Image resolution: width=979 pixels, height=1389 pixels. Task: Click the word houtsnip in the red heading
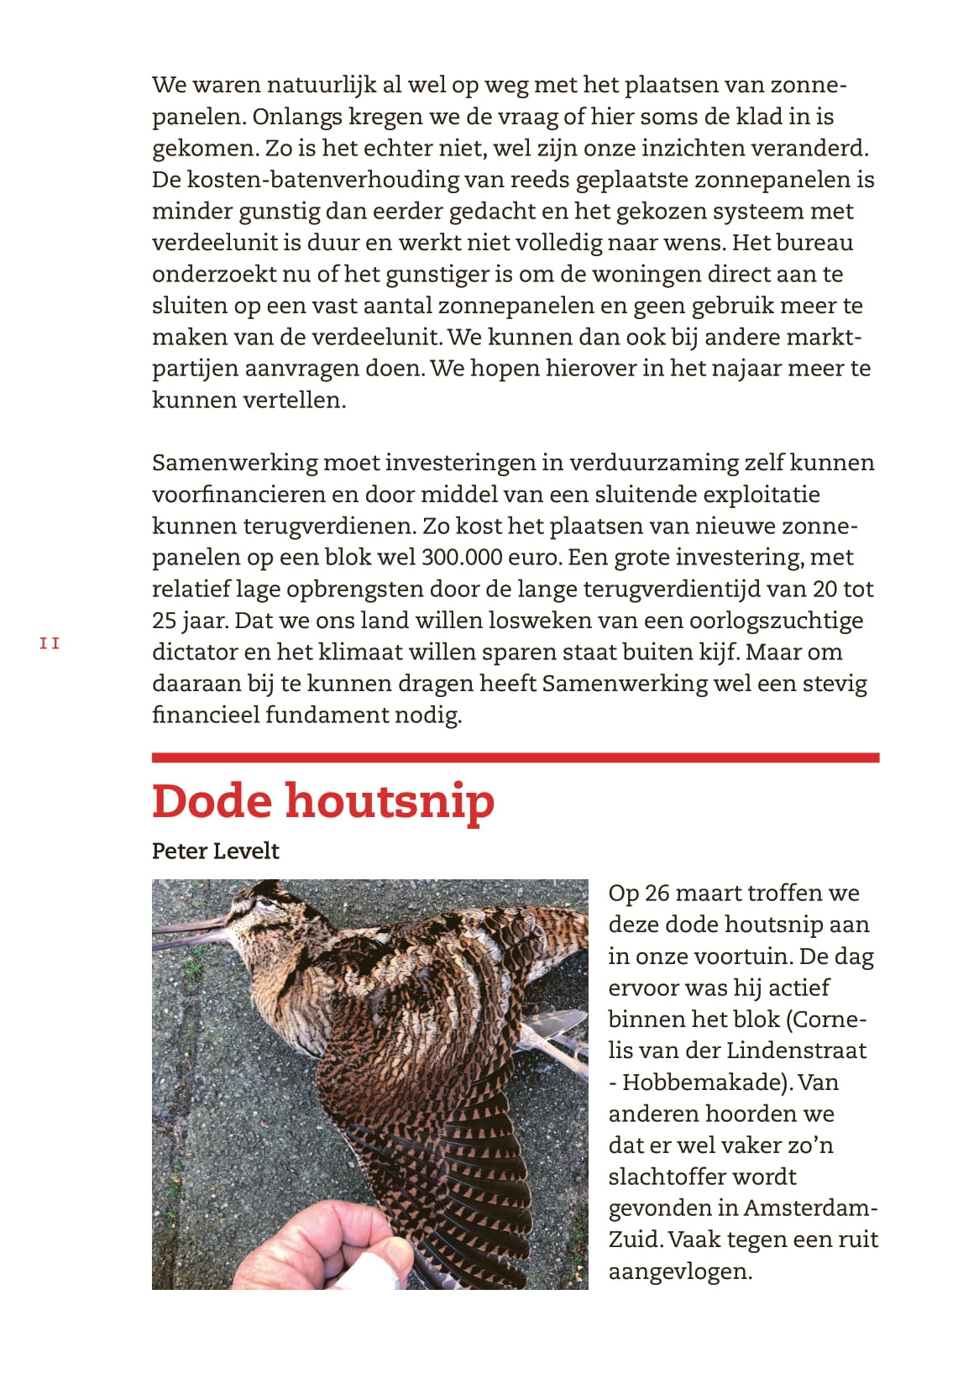click(x=390, y=801)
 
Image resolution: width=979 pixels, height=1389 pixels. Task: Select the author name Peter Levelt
click(x=215, y=851)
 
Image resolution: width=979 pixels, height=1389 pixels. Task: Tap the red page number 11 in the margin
click(x=50, y=643)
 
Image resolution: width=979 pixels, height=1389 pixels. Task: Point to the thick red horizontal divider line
click(x=515, y=757)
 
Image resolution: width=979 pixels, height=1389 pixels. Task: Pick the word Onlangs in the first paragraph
click(x=296, y=117)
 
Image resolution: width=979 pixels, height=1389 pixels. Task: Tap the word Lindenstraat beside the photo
click(x=796, y=1051)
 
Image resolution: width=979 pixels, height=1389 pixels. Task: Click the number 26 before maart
click(x=657, y=893)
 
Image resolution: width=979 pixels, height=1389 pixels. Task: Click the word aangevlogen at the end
click(x=679, y=1271)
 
